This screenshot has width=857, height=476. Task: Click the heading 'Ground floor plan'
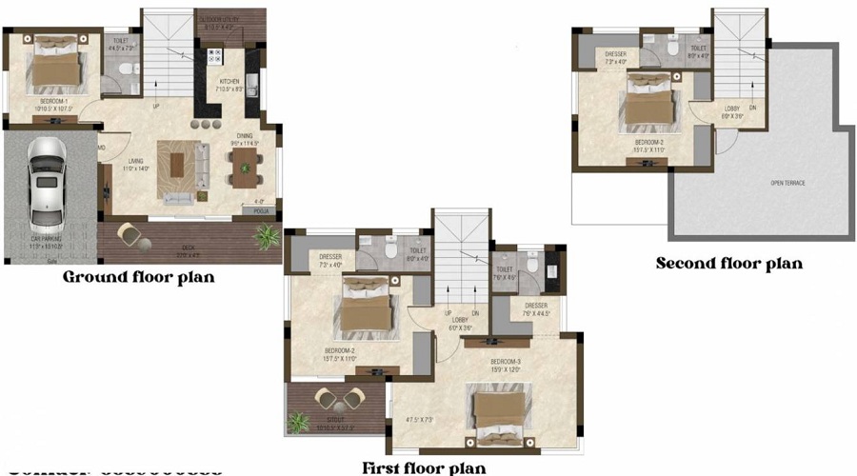(138, 278)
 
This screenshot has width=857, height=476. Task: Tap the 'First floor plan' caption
(423, 467)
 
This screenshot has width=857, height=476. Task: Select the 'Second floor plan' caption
(729, 263)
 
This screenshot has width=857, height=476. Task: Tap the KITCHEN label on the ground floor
(230, 82)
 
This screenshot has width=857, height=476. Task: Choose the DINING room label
(245, 135)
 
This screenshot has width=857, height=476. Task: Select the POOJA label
(260, 212)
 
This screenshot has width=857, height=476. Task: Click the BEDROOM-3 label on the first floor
(506, 362)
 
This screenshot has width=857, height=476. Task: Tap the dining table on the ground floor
(246, 165)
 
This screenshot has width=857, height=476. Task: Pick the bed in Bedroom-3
(498, 414)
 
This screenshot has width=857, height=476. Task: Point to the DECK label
(189, 249)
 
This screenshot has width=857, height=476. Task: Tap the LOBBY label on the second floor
(731, 109)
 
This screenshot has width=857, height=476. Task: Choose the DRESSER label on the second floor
(615, 54)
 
